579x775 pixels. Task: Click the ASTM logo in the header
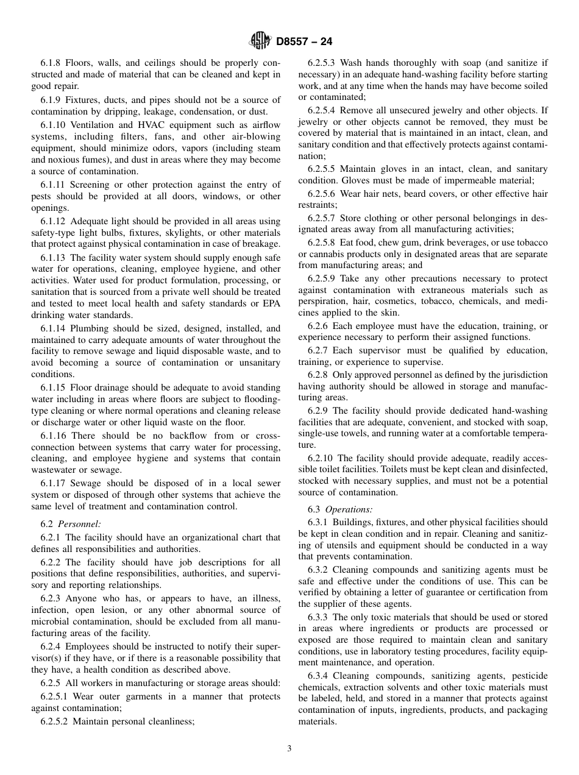coord(260,41)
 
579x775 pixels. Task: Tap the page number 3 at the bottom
coord(289,749)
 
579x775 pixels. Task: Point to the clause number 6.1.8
coord(52,63)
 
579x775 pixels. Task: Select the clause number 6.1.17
coord(54,483)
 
